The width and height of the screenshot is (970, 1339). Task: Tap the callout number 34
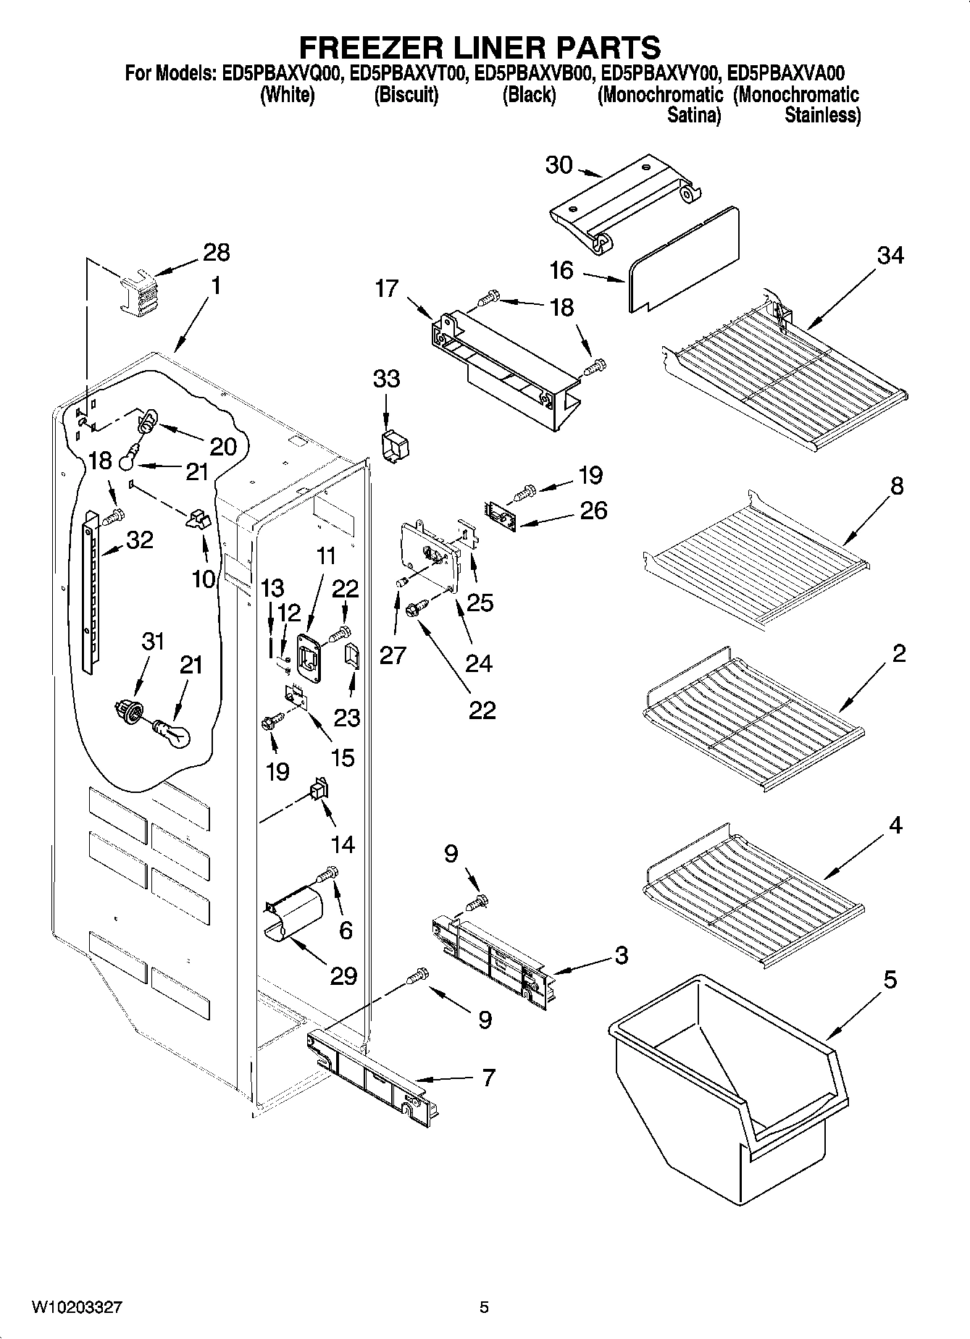(890, 256)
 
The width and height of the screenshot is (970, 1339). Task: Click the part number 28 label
(216, 253)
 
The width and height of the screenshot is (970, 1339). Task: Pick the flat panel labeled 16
(685, 259)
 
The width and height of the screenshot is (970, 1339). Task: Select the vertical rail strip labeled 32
(89, 590)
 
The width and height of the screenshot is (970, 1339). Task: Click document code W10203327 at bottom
(76, 1308)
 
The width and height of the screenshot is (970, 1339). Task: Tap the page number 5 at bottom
(484, 1308)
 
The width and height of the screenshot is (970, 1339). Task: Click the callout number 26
(593, 511)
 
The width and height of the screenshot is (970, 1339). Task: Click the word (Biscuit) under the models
(406, 96)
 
